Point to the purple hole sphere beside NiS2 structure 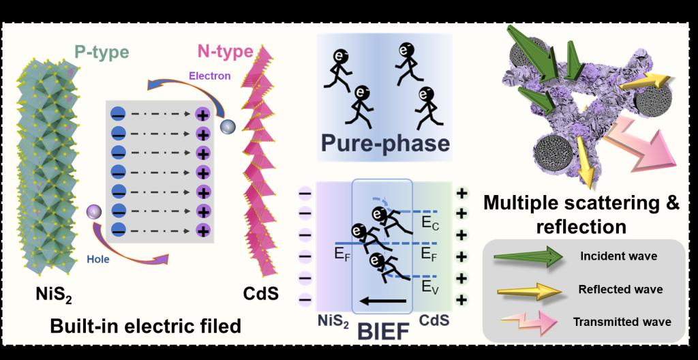point(93,215)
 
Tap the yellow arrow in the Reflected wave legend point(529,290)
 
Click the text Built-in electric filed point(146,326)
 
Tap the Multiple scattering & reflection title point(581,213)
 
